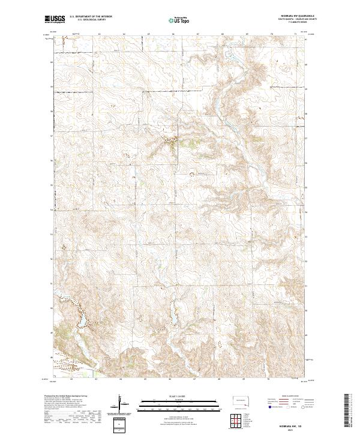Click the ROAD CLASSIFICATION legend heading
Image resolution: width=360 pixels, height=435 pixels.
pyautogui.click(x=287, y=397)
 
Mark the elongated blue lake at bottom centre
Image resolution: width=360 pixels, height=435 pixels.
pyautogui.click(x=173, y=316)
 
